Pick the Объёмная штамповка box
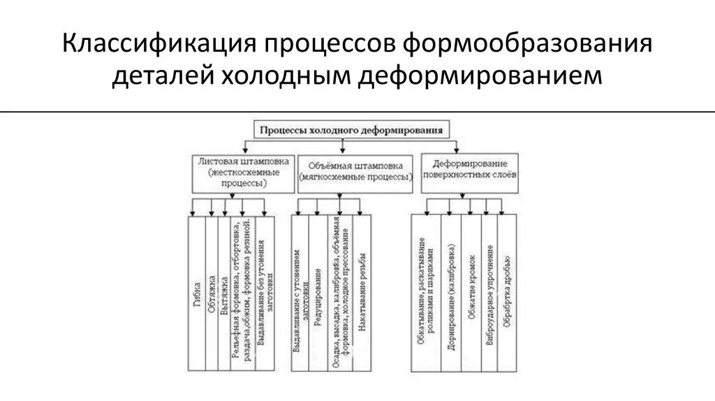tap(355, 172)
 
